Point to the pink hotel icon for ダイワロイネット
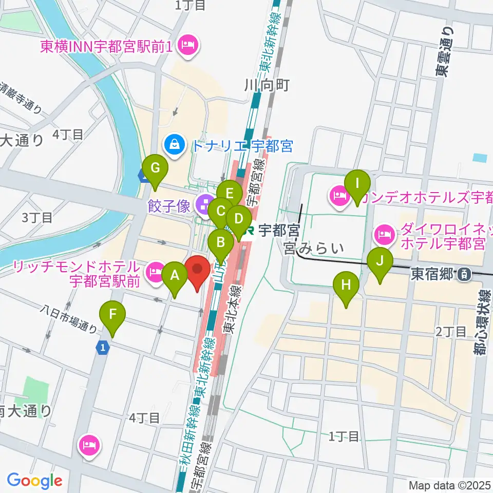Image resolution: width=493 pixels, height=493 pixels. point(384,235)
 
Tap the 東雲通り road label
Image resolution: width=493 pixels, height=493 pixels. point(443,51)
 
